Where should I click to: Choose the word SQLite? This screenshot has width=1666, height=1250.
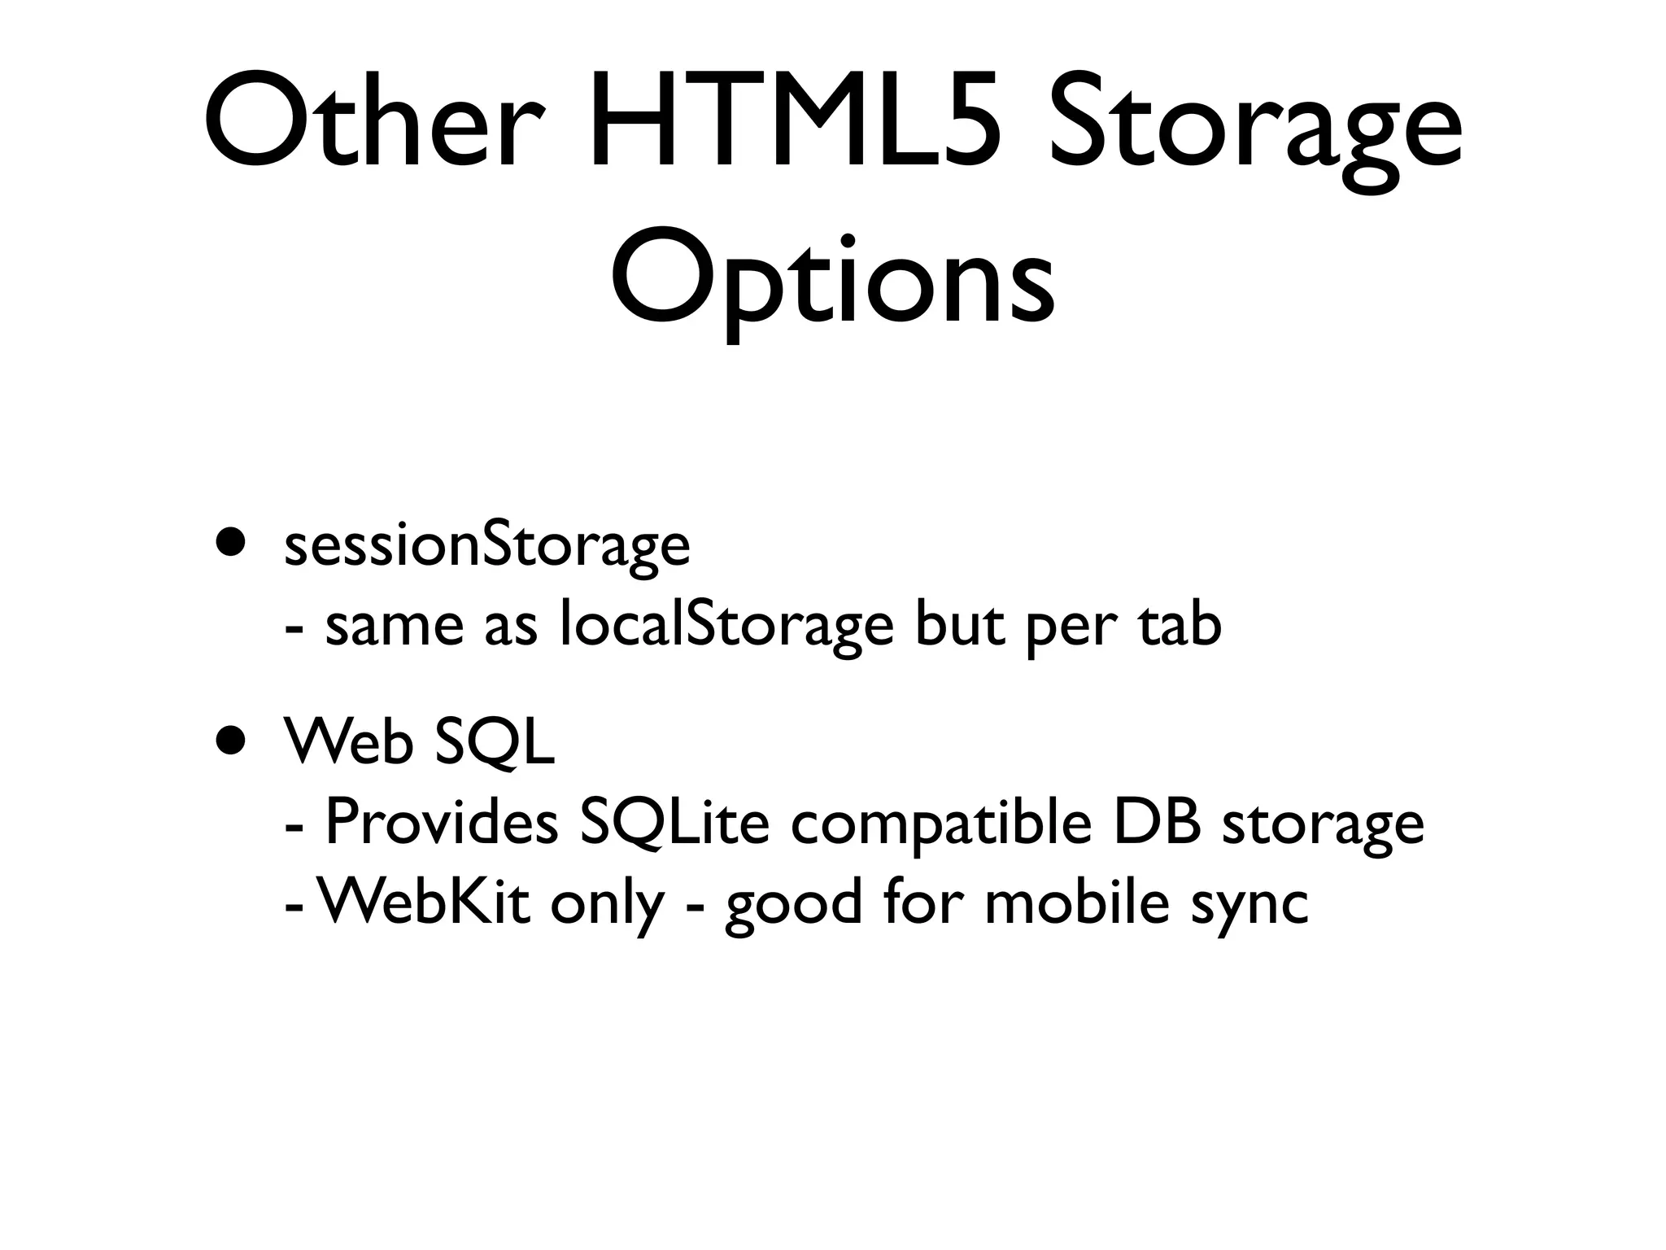pos(674,824)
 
